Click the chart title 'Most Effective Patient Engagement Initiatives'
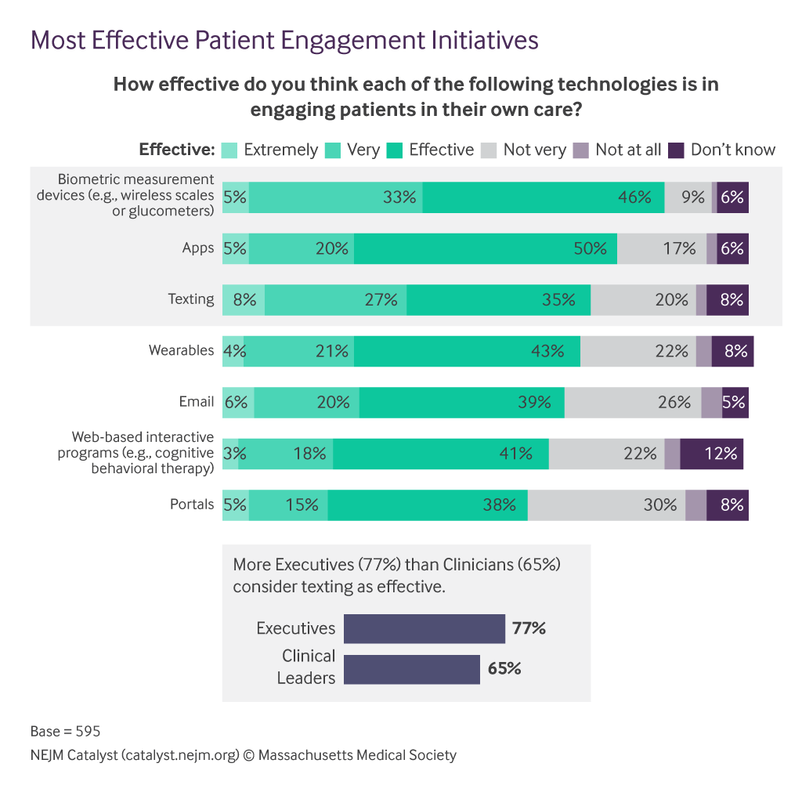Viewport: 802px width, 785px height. (x=284, y=40)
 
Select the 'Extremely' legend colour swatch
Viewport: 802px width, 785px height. (x=229, y=150)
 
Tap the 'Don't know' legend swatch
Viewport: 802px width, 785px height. (x=677, y=150)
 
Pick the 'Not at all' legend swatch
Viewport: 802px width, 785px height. (x=581, y=150)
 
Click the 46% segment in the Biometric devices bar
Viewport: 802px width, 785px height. (x=544, y=197)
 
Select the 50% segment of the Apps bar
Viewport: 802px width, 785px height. (x=486, y=248)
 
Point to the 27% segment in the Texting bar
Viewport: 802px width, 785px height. (x=335, y=299)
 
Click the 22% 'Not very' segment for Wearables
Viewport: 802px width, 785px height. (x=638, y=351)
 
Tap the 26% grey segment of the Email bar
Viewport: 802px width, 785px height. (x=633, y=402)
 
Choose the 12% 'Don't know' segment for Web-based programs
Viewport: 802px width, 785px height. (x=711, y=454)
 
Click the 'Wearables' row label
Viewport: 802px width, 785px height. (x=181, y=350)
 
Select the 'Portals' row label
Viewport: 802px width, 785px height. (x=192, y=505)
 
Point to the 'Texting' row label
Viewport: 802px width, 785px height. (x=190, y=298)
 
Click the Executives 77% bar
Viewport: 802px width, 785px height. (x=424, y=628)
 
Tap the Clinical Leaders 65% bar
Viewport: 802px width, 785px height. (x=412, y=669)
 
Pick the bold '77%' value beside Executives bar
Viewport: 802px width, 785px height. (x=529, y=628)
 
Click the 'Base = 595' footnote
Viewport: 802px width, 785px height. (x=65, y=732)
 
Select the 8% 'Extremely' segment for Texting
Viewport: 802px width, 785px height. (x=244, y=299)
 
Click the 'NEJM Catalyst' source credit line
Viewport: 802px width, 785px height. (x=243, y=756)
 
